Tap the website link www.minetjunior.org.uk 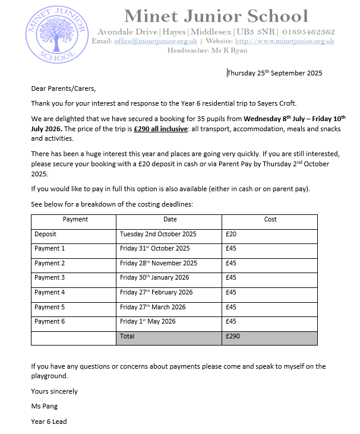click(285, 42)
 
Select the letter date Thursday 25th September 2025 click(274, 73)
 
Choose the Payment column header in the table click(75, 220)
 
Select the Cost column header click(270, 220)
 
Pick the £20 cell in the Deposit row click(231, 235)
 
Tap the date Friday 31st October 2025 click(154, 249)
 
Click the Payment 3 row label click(49, 278)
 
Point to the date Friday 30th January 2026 click(156, 278)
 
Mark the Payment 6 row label click(49, 322)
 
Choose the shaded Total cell click(169, 337)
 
